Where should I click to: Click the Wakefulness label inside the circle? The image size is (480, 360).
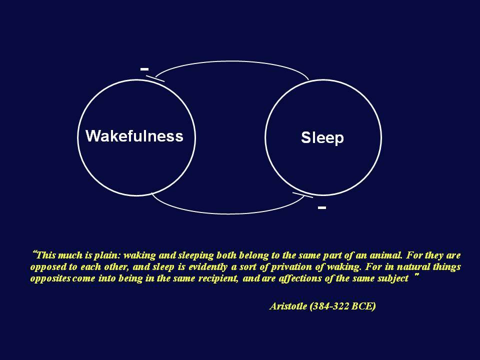tap(134, 136)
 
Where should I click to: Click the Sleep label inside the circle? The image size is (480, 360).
tap(322, 137)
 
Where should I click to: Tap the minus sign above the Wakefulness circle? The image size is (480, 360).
tap(144, 69)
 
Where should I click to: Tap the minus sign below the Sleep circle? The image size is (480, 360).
tap(321, 207)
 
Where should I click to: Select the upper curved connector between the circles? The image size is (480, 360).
tap(231, 61)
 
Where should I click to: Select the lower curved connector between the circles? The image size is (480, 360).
tap(228, 213)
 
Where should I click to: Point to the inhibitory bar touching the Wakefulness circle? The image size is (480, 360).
tap(155, 78)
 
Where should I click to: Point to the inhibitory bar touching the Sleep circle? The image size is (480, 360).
tap(303, 195)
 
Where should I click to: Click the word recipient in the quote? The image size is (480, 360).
tap(218, 278)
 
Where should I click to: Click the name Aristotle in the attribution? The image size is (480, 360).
tap(288, 306)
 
